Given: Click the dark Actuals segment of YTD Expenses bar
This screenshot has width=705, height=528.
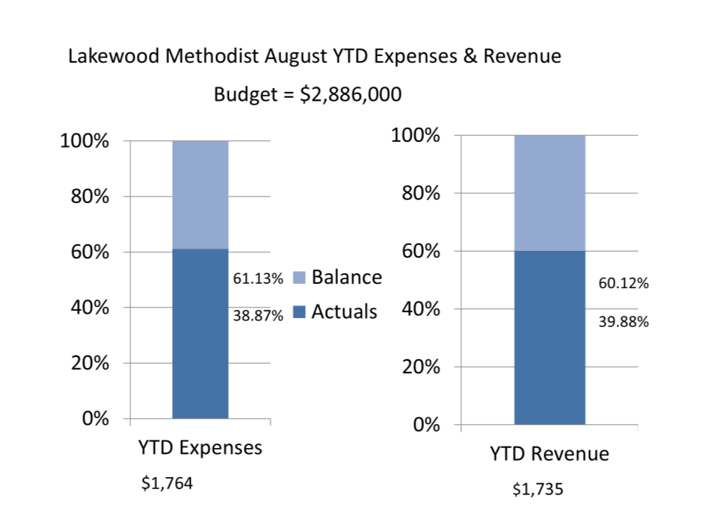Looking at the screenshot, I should (200, 333).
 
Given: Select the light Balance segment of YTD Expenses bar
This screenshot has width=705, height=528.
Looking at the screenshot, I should (200, 194).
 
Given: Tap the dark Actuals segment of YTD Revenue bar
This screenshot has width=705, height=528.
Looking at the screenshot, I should (549, 338).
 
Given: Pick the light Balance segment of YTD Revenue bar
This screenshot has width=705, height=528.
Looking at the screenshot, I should (549, 193).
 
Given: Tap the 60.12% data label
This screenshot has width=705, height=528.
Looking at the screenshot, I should (624, 284).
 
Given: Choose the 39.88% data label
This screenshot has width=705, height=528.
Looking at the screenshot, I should (624, 323).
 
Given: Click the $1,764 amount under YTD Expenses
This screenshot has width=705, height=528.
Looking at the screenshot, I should (167, 484).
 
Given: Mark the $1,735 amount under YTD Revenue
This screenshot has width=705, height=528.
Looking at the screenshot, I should (538, 490).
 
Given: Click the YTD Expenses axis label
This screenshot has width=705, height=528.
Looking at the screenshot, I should (200, 447).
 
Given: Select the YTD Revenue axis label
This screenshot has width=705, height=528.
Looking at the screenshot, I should (549, 453).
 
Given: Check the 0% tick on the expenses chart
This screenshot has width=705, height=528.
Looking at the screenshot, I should (95, 418).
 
